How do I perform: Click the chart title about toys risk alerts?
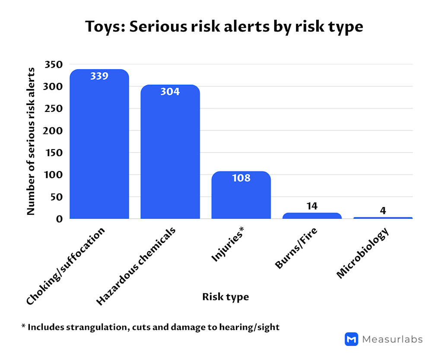[x=224, y=26]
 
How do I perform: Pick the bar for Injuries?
[x=241, y=199]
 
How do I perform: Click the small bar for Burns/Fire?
[x=312, y=216]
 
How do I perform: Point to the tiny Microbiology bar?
[x=383, y=218]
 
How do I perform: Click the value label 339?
[x=99, y=76]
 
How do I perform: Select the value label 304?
[x=170, y=92]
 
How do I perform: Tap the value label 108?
[x=241, y=178]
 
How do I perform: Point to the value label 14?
[x=312, y=206]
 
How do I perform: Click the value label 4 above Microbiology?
[x=383, y=210]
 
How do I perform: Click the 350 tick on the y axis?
[x=54, y=65]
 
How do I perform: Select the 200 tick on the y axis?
[x=54, y=131]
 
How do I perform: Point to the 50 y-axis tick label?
[x=57, y=197]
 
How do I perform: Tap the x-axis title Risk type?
[x=226, y=297]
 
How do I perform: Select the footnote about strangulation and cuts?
[x=150, y=327]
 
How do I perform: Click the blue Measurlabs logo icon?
[x=351, y=339]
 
